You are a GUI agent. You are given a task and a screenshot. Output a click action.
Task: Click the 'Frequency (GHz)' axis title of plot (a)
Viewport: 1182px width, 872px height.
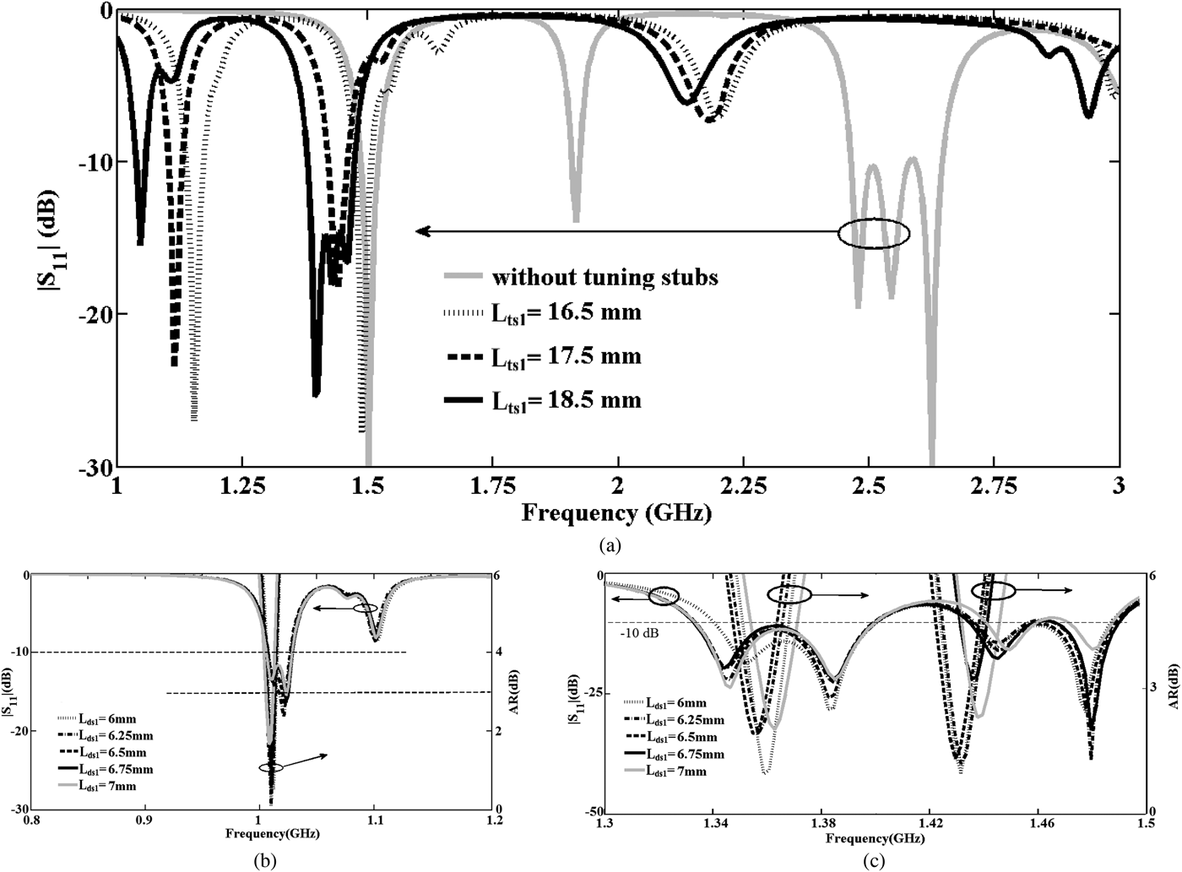[x=616, y=512]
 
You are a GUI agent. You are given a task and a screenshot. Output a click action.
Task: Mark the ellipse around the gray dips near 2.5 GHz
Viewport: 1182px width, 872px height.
[x=874, y=234]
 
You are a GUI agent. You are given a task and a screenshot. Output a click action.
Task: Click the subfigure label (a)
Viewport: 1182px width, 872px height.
[x=610, y=545]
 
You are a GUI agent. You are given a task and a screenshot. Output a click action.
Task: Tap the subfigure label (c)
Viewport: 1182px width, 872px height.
[x=872, y=861]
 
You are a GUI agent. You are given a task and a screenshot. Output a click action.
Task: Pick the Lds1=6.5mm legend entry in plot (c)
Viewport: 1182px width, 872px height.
[x=684, y=737]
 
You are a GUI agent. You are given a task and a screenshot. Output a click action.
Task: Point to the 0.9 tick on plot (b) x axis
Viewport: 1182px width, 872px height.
[x=144, y=820]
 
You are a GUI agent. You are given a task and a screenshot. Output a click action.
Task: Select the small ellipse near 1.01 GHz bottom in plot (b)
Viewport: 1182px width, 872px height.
[x=271, y=767]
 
